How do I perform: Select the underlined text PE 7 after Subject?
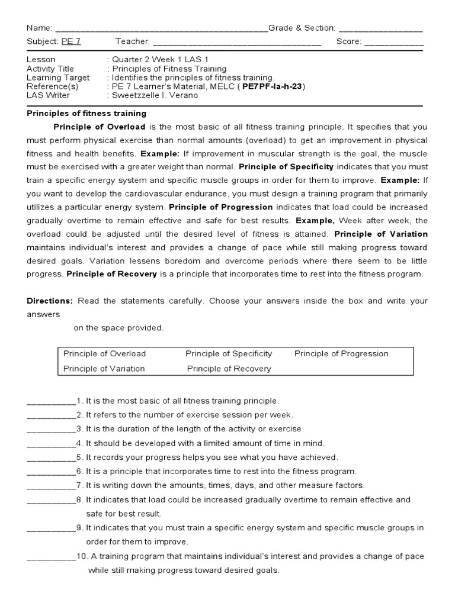tap(69, 41)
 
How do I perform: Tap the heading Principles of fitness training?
tap(86, 113)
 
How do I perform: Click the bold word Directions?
tap(50, 301)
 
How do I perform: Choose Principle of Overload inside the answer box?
tap(105, 354)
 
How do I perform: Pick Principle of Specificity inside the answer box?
tap(229, 354)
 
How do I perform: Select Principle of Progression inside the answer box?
tap(341, 354)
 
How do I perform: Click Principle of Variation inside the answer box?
tap(104, 369)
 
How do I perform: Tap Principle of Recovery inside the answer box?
tap(229, 369)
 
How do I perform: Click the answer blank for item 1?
tap(51, 402)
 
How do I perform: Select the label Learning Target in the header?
tap(59, 78)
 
